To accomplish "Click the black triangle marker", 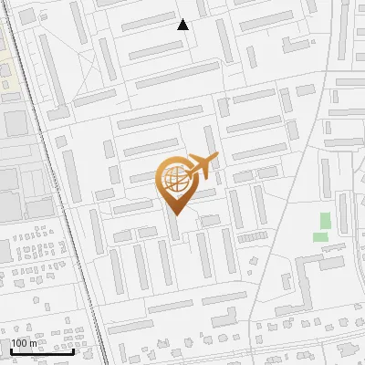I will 182,25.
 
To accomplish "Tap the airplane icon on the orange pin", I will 202,165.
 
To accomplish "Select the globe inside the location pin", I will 175,179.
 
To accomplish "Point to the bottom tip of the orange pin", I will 175,215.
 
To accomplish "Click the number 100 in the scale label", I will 18,343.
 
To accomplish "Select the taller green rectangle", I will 325,221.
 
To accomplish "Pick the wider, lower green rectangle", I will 320,237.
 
